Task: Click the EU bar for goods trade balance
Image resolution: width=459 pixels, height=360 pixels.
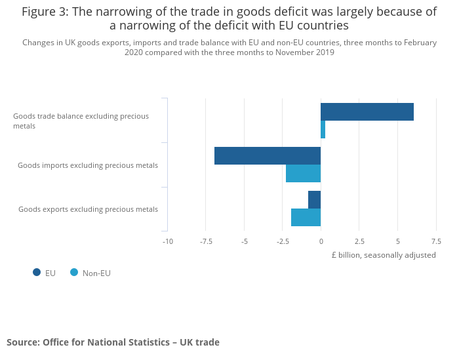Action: (367, 112)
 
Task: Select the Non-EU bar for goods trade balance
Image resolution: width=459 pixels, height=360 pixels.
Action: (323, 130)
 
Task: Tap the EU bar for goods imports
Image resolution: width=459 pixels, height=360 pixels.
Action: (268, 155)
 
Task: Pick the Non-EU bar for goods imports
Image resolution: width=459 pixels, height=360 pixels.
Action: (303, 173)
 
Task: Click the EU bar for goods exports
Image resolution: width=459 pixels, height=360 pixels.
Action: (314, 199)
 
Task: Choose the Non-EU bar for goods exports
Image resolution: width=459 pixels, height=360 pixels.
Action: (306, 217)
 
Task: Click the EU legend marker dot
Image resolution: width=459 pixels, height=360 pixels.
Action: (37, 272)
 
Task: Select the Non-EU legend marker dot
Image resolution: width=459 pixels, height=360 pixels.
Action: (74, 272)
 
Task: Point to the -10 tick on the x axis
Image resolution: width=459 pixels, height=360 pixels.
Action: (168, 241)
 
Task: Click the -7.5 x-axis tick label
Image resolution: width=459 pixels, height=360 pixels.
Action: (206, 241)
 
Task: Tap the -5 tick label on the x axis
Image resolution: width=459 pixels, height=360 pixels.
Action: (244, 241)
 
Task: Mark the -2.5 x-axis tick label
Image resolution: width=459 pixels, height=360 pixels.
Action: (283, 241)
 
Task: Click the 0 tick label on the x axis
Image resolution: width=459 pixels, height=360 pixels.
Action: (321, 241)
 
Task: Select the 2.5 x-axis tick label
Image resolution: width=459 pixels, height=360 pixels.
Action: (359, 241)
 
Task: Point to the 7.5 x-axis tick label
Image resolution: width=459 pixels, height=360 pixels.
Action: (435, 241)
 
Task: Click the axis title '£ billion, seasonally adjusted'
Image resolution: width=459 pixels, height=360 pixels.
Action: (384, 255)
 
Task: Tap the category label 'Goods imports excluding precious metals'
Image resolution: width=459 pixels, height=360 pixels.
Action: (88, 165)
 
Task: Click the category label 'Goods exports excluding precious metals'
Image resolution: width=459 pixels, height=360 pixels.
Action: (88, 209)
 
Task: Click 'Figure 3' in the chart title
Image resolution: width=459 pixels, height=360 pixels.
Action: (45, 12)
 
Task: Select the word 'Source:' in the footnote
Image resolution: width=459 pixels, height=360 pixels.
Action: (23, 342)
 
